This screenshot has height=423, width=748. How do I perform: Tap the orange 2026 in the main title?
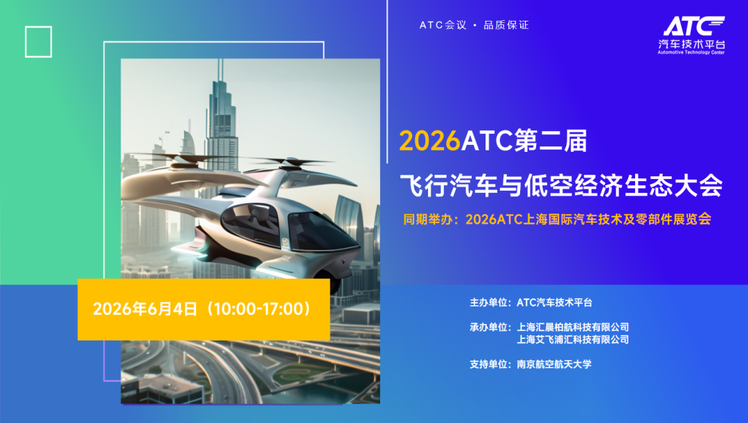(x=430, y=141)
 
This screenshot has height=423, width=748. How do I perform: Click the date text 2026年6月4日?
(x=145, y=309)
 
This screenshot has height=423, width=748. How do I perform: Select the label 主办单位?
(x=489, y=302)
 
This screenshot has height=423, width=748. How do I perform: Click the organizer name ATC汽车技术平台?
(x=555, y=302)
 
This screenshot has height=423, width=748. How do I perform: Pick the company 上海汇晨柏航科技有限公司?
(x=573, y=327)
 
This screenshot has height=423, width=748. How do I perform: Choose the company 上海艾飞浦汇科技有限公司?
(x=573, y=340)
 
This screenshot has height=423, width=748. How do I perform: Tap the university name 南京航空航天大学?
(x=554, y=364)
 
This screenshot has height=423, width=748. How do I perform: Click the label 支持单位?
(x=489, y=364)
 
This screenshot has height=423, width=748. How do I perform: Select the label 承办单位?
(x=489, y=327)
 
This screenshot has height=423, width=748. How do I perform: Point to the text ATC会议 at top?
(x=443, y=26)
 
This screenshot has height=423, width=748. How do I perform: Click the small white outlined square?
(x=39, y=42)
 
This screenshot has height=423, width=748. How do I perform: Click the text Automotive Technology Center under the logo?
(x=691, y=53)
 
